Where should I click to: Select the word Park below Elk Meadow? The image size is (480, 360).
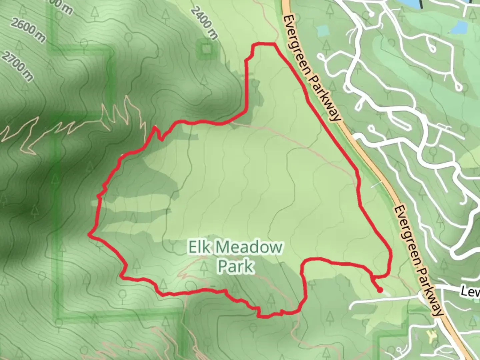click(x=236, y=266)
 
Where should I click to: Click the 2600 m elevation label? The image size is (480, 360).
click(x=28, y=30)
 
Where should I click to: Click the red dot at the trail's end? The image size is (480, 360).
click(x=380, y=290)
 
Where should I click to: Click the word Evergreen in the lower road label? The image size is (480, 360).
click(x=407, y=233)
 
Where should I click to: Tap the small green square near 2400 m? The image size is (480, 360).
click(x=206, y=50)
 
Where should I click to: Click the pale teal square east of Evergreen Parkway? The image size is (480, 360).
click(x=323, y=31)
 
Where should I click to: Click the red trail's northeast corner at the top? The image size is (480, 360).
click(x=275, y=44)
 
